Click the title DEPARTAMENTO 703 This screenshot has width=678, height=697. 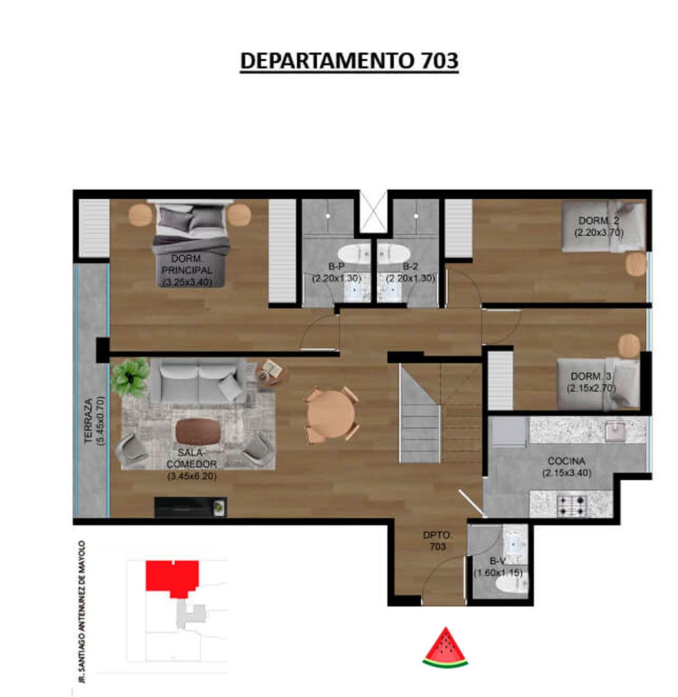[349, 61]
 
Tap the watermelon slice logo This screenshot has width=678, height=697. [445, 648]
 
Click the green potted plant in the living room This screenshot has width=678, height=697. [130, 377]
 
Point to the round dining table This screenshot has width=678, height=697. [331, 415]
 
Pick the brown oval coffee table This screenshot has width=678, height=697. [198, 431]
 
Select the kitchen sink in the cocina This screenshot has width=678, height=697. [615, 431]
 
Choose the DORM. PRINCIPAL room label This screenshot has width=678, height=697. [187, 264]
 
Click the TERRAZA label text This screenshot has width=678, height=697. [89, 420]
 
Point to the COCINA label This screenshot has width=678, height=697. [566, 461]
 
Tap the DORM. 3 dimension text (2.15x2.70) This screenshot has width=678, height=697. [591, 388]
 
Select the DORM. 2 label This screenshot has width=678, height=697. [599, 221]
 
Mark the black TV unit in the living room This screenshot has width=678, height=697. [190, 507]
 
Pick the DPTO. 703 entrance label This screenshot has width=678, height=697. [437, 541]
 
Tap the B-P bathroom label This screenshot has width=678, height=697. [336, 267]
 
